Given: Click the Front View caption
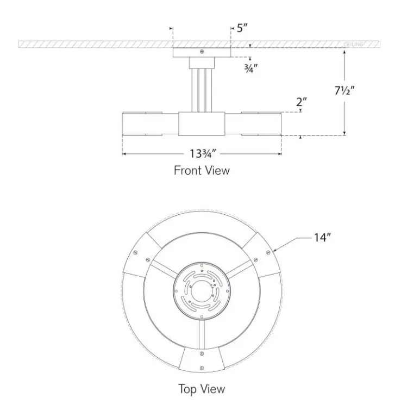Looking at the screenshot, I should (x=202, y=170).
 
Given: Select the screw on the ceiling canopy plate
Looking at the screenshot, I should (x=202, y=52).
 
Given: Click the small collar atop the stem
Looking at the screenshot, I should (x=202, y=63).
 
